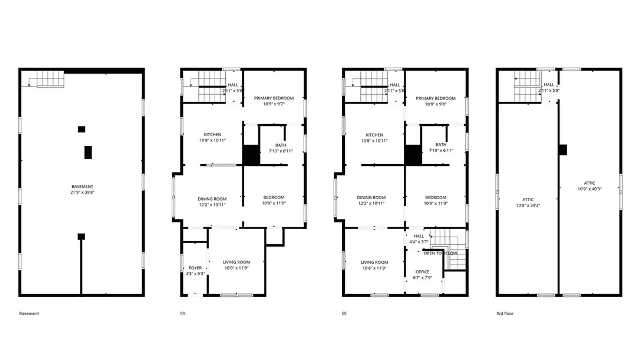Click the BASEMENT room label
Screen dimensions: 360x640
pyautogui.click(x=82, y=186)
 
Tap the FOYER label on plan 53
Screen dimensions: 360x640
pyautogui.click(x=195, y=268)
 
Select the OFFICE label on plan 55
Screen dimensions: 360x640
pyautogui.click(x=422, y=272)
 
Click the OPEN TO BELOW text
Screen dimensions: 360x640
pyautogui.click(x=440, y=253)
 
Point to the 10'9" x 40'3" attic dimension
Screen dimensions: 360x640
pyautogui.click(x=589, y=189)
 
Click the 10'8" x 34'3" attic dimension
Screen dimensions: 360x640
pyautogui.click(x=528, y=205)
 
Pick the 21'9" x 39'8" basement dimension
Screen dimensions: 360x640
pyautogui.click(x=82, y=192)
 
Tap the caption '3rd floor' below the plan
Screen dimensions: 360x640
pyautogui.click(x=505, y=313)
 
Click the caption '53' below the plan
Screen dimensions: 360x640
pyautogui.click(x=182, y=313)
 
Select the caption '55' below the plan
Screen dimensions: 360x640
pyautogui.click(x=344, y=313)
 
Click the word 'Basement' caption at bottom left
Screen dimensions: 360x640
pyautogui.click(x=29, y=313)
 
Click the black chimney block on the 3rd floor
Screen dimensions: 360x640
pyautogui.click(x=563, y=150)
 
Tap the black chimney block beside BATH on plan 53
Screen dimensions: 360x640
pyautogui.click(x=251, y=155)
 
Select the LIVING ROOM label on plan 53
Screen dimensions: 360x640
pyautogui.click(x=236, y=262)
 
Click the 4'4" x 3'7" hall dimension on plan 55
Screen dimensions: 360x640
pyautogui.click(x=419, y=242)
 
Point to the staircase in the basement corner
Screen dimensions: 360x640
pyautogui.click(x=50, y=79)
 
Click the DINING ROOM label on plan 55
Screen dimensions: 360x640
pyautogui.click(x=371, y=197)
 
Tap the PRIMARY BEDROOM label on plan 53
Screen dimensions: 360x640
pyautogui.click(x=274, y=98)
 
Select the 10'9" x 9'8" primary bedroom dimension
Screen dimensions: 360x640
pyautogui.click(x=435, y=104)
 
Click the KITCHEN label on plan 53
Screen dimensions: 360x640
pyautogui.click(x=212, y=134)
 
